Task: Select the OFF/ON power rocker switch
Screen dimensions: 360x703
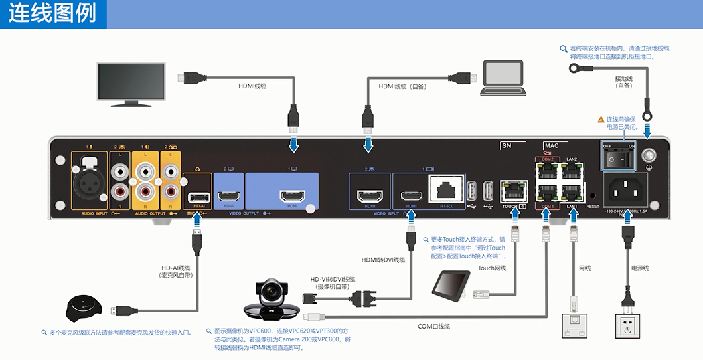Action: (x=619, y=159)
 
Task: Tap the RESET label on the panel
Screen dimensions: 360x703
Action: (x=593, y=207)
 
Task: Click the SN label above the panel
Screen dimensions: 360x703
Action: (x=507, y=145)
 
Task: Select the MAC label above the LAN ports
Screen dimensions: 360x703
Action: (x=552, y=145)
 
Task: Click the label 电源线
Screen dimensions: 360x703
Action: (x=640, y=268)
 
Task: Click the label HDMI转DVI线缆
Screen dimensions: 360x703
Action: (x=383, y=260)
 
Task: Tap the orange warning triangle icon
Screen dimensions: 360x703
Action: (x=601, y=119)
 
